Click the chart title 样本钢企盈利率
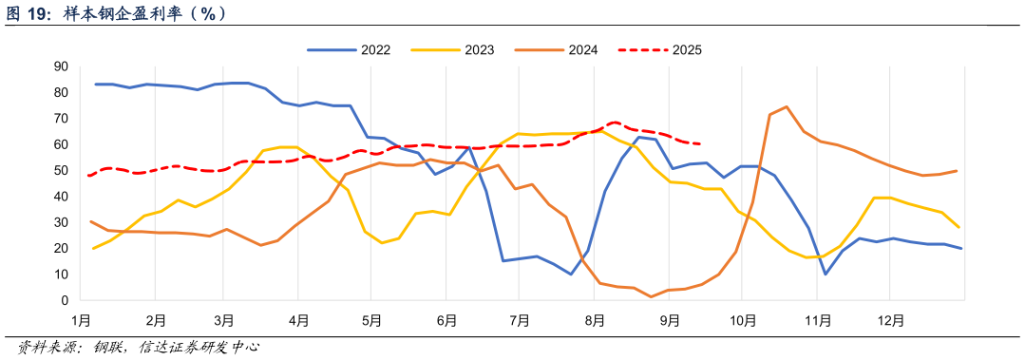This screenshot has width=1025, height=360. (142, 13)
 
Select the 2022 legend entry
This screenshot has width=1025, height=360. (348, 49)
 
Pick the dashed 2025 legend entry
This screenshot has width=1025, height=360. (659, 49)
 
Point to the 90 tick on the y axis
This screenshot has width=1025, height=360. (61, 66)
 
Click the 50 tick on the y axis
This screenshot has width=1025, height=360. (61, 171)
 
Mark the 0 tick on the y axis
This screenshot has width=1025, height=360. (64, 301)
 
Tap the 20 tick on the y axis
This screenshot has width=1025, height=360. (61, 249)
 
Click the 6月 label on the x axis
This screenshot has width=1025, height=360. (446, 322)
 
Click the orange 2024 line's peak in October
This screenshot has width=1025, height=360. (787, 106)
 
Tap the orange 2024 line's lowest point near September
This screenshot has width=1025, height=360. (652, 297)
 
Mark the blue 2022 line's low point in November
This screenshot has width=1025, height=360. (826, 275)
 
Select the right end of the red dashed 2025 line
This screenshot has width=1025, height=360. (701, 144)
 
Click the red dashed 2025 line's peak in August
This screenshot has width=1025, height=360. (616, 123)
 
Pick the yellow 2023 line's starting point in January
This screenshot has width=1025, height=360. (93, 248)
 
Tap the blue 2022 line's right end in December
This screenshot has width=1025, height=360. (961, 249)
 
